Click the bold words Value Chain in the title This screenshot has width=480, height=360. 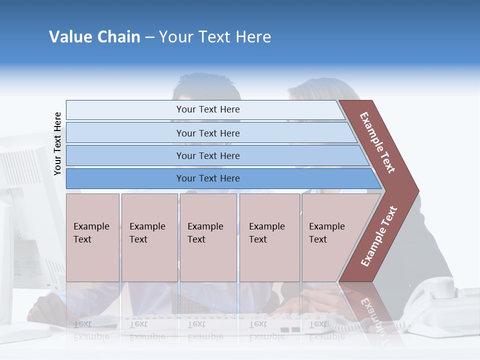pyautogui.click(x=94, y=37)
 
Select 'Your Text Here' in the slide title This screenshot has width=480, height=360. pyautogui.click(x=215, y=37)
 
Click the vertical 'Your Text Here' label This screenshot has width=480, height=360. pyautogui.click(x=57, y=143)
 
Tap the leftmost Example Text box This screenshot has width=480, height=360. pyautogui.click(x=92, y=237)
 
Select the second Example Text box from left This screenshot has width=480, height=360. pyautogui.click(x=149, y=237)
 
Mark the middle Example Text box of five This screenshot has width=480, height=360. pyautogui.click(x=208, y=237)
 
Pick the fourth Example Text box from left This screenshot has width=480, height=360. pyautogui.click(x=269, y=237)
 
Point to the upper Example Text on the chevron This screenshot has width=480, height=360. pyautogui.click(x=377, y=142)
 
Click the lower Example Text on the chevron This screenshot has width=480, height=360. pyautogui.click(x=379, y=236)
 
